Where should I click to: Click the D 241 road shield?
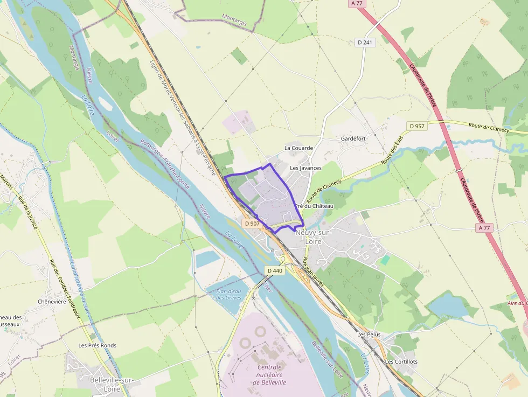pyautogui.click(x=365, y=42)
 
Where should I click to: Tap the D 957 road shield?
pyautogui.click(x=417, y=126)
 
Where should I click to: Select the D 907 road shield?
pyautogui.click(x=252, y=223)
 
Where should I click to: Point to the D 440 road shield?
pyautogui.click(x=274, y=270)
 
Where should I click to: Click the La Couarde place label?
pyautogui.click(x=298, y=148)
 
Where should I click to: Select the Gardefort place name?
pyautogui.click(x=353, y=138)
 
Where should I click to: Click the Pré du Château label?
pyautogui.click(x=314, y=206)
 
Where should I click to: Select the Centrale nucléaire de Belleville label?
pyautogui.click(x=269, y=374)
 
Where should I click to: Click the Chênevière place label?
pyautogui.click(x=52, y=302)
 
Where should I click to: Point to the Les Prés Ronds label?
pyautogui.click(x=97, y=345)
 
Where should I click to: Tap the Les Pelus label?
pyautogui.click(x=369, y=335)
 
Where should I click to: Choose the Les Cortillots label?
pyautogui.click(x=401, y=361)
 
